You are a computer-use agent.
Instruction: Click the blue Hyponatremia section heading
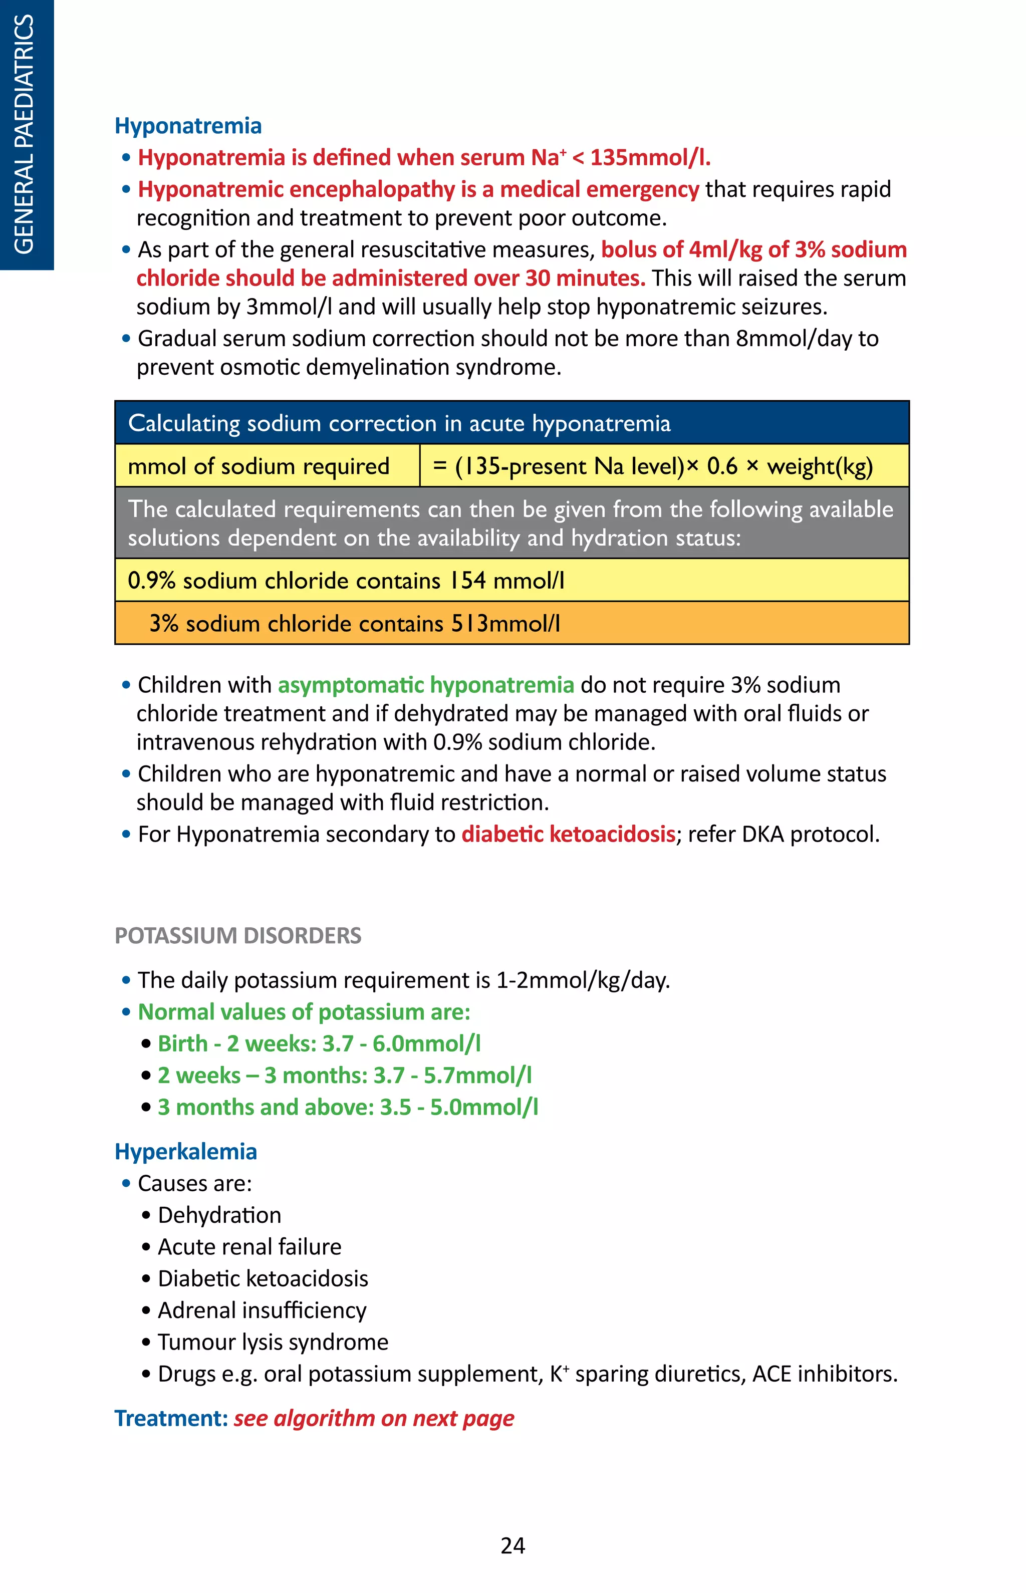(x=188, y=125)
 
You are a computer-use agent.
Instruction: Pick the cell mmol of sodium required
(x=259, y=466)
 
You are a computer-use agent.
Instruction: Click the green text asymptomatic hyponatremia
(x=426, y=685)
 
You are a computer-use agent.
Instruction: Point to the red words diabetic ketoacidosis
(x=568, y=834)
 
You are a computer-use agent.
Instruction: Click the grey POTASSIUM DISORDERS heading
(x=238, y=935)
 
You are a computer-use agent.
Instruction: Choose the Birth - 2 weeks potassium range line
(x=319, y=1043)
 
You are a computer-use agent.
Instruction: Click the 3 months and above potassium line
(x=347, y=1107)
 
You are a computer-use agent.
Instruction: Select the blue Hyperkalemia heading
(x=186, y=1151)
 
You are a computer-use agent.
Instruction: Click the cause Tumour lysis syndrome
(x=273, y=1342)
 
